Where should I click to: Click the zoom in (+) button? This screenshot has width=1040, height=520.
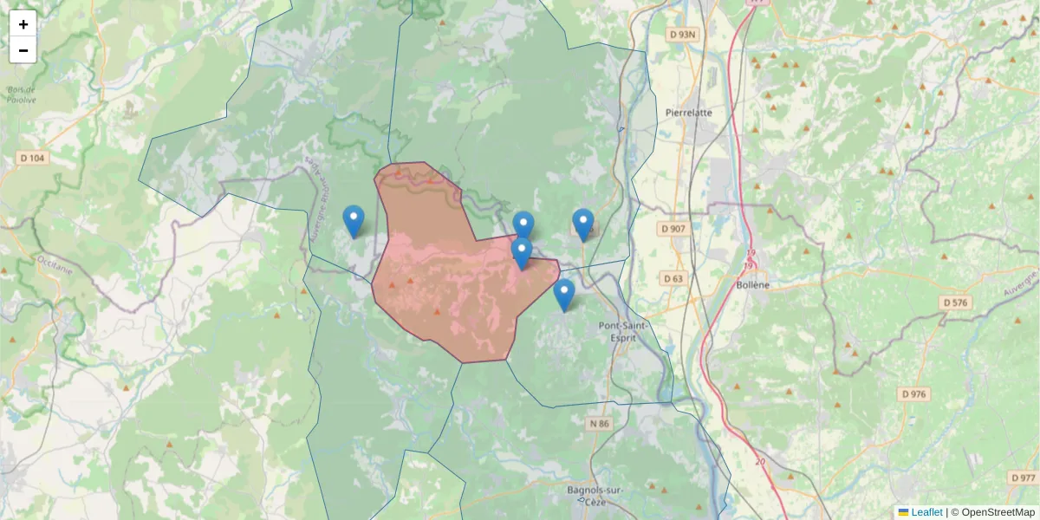pos(23,24)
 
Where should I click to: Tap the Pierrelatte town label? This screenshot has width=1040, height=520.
pos(689,113)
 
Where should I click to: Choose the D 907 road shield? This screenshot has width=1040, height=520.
pos(673,229)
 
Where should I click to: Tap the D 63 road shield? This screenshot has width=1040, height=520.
pos(673,278)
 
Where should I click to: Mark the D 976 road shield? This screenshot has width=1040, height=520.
pos(913,393)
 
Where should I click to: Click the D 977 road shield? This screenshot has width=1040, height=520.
pos(1023,478)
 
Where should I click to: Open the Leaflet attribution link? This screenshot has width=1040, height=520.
pos(926,512)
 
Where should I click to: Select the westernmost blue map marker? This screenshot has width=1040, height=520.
pos(354,220)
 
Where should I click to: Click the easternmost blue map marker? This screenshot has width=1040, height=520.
pos(583,224)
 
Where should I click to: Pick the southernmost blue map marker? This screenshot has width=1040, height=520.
pos(564,294)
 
